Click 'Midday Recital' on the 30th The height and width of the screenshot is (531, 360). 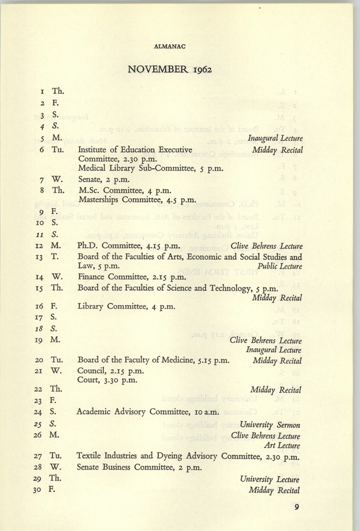(x=276, y=490)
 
